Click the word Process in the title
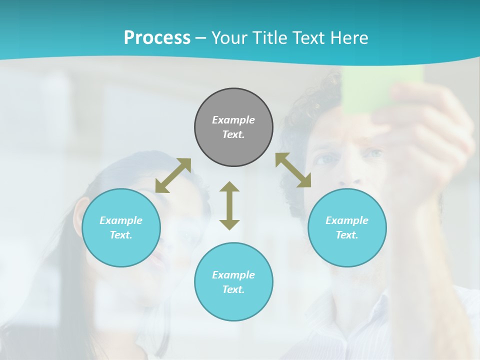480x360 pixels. pyautogui.click(x=157, y=38)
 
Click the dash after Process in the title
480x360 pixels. pyautogui.click(x=201, y=38)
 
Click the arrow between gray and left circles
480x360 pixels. pyautogui.click(x=173, y=175)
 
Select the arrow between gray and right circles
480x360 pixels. pyautogui.click(x=293, y=170)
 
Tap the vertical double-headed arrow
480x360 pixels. pyautogui.click(x=229, y=206)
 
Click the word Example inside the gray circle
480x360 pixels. pyautogui.click(x=233, y=120)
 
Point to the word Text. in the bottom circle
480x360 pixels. pyautogui.click(x=233, y=289)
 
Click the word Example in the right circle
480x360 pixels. pyautogui.click(x=347, y=220)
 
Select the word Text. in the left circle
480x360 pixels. pyautogui.click(x=121, y=235)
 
